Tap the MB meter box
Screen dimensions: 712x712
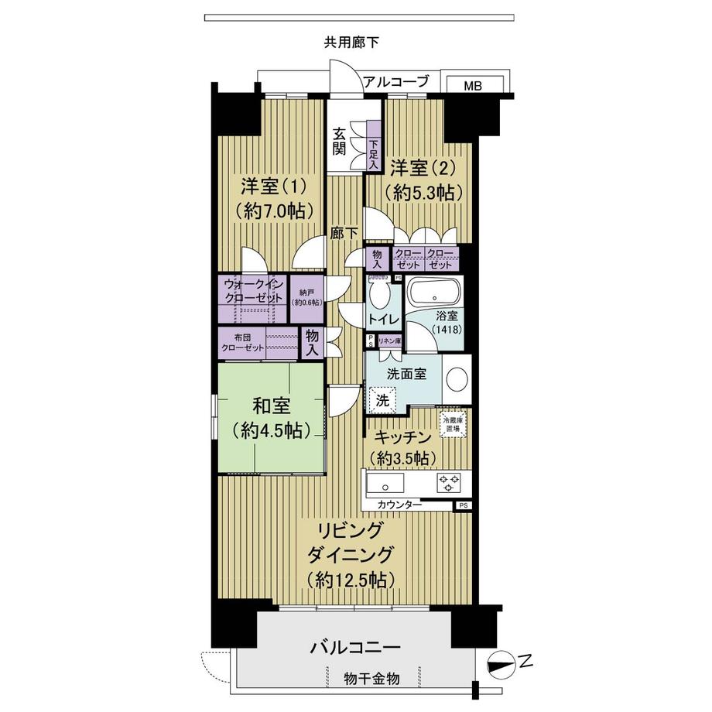[x=473, y=85]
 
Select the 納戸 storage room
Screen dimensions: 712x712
[x=307, y=297]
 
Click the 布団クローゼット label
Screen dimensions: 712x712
[x=243, y=342]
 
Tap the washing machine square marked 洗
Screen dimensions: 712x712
[x=382, y=400]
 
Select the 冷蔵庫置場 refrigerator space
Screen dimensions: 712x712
[x=451, y=424]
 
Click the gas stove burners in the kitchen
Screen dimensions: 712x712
[x=449, y=483]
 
